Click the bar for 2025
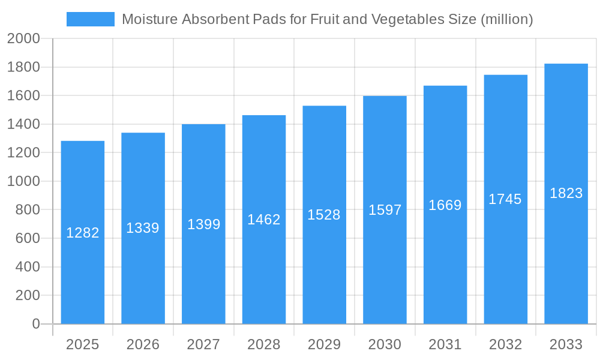pos(83,270)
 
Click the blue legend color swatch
pos(90,19)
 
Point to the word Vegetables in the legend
pos(406,19)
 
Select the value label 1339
pos(143,228)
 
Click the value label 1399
pos(203,224)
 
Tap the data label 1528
pos(324,215)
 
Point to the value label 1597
pos(385,210)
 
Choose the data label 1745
pos(505,199)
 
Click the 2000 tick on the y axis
pos(23,39)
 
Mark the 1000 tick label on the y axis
pos(23,181)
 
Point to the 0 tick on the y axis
pos(36,324)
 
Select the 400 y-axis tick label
pos(27,267)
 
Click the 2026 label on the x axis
pos(143,344)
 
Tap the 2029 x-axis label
pos(324,344)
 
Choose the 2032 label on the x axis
pos(505,344)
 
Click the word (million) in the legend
pos(507,19)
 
